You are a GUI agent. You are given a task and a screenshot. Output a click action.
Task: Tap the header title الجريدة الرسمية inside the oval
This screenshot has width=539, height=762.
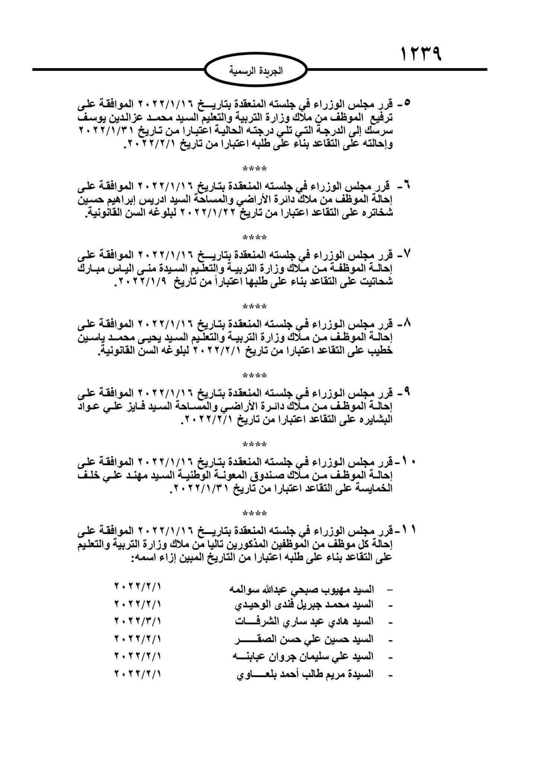pyautogui.click(x=256, y=71)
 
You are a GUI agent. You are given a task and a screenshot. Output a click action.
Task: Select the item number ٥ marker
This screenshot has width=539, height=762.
pyautogui.click(x=406, y=102)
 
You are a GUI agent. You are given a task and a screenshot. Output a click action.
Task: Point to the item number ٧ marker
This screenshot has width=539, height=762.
pyautogui.click(x=406, y=255)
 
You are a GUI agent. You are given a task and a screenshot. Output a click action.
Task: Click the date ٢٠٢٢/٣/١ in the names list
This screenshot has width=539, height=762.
pyautogui.click(x=137, y=620)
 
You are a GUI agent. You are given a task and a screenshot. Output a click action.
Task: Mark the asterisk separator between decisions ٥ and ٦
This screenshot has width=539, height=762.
pyautogui.click(x=255, y=169)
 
